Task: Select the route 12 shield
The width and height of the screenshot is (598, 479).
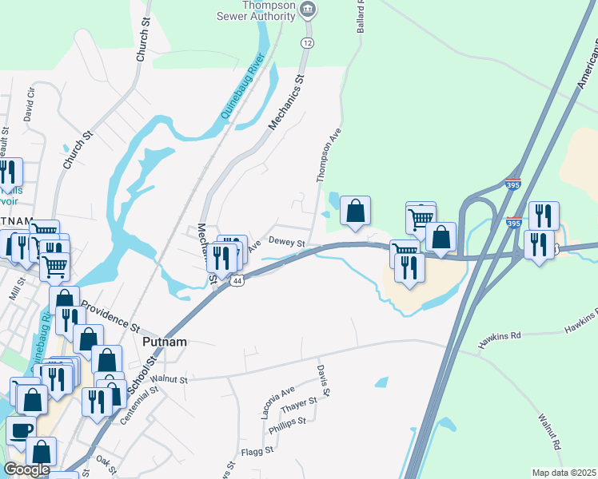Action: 307,42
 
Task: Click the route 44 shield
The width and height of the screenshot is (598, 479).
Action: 237,280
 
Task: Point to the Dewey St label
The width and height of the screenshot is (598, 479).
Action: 287,242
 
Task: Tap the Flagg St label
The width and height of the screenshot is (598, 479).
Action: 257,450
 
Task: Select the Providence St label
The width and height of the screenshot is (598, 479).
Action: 110,316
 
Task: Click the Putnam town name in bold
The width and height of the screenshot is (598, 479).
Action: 164,342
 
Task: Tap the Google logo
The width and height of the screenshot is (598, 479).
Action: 26,469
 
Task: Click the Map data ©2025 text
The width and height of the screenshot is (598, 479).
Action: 564,473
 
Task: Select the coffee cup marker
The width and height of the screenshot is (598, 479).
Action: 20,430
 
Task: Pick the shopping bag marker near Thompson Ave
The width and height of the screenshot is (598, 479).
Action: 356,211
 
